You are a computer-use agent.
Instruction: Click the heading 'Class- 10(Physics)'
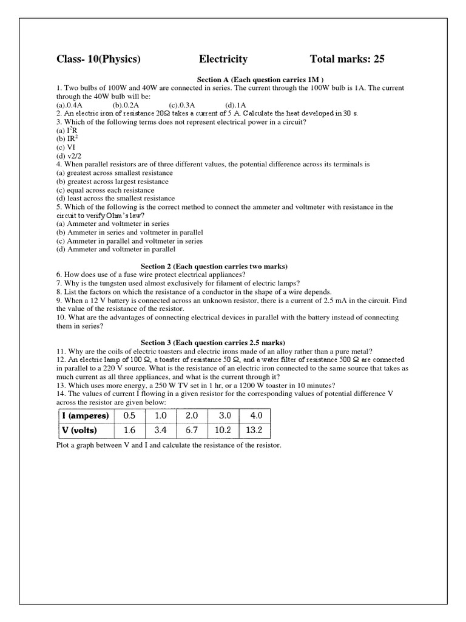(98, 59)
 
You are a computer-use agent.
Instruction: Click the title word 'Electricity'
(223, 59)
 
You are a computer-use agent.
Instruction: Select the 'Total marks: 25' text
(347, 59)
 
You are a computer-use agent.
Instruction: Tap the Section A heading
(261, 80)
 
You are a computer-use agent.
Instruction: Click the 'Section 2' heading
(214, 266)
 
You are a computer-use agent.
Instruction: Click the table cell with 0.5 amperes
(130, 416)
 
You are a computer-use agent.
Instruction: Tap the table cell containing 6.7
(192, 431)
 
